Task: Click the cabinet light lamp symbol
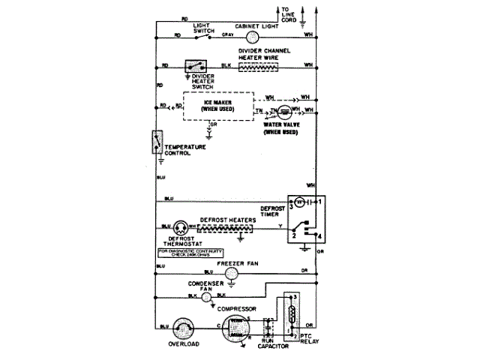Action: [253, 35]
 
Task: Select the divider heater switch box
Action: [198, 66]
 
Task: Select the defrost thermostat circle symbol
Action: [181, 226]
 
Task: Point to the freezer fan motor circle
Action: [232, 274]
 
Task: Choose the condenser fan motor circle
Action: [206, 296]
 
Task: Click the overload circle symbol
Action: [182, 327]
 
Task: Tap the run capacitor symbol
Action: [268, 328]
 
